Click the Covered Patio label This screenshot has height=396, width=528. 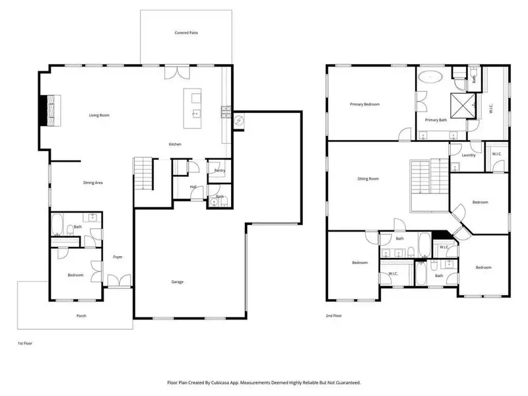tap(185, 32)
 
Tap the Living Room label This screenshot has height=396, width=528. tap(99, 115)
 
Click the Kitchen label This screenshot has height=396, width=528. tap(175, 144)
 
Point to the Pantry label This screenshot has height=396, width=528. tap(219, 170)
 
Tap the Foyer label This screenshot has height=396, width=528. tap(117, 257)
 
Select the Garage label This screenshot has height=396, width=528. tap(178, 282)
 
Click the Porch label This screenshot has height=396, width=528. tap(81, 315)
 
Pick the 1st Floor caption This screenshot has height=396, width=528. tap(24, 344)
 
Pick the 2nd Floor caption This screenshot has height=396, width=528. tap(335, 315)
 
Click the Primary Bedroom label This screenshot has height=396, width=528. tap(364, 104)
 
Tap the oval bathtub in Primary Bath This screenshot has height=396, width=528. tap(432, 77)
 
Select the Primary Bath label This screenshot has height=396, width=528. tap(436, 119)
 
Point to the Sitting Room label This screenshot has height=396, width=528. tap(368, 179)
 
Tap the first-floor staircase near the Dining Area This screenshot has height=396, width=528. tap(143, 174)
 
